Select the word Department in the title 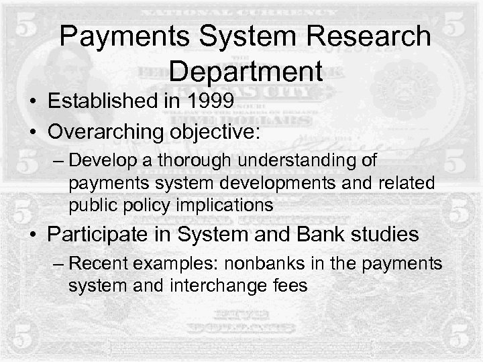pyautogui.click(x=246, y=70)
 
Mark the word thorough pyautogui.click(x=178, y=161)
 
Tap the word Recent pyautogui.click(x=96, y=264)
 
